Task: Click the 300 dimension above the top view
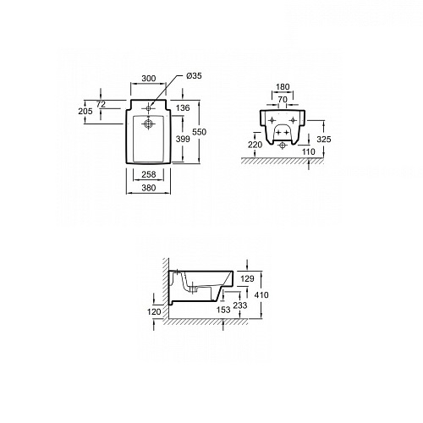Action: (149, 78)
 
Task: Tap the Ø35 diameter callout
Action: (194, 75)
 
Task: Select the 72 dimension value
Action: (101, 104)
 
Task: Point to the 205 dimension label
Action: (85, 111)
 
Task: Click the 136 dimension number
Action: (183, 107)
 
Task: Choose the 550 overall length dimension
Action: (199, 132)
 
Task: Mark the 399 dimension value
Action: (183, 139)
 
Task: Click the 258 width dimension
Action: (149, 174)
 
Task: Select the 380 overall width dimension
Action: (149, 188)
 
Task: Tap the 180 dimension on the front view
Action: (283, 87)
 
